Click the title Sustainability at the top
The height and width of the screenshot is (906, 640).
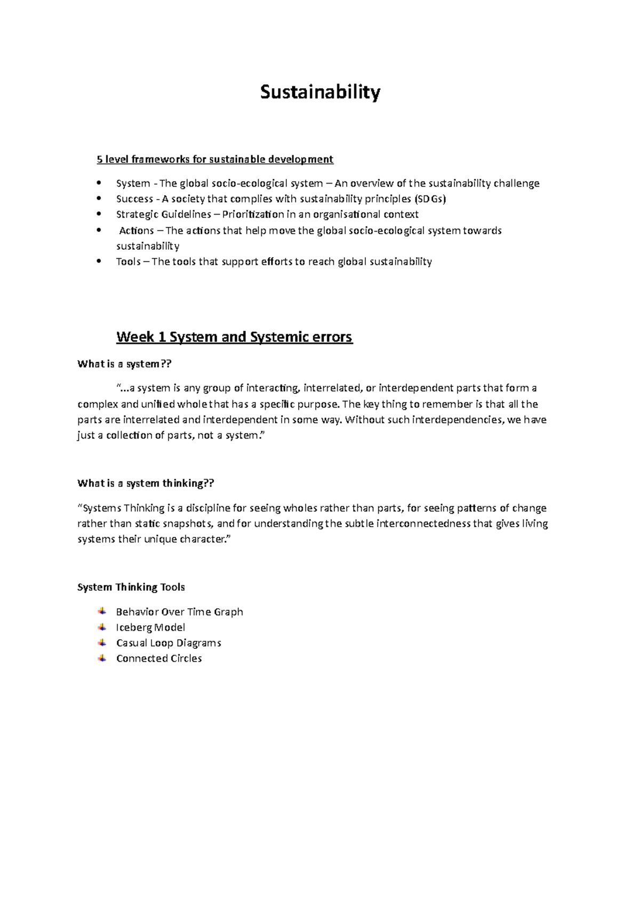[320, 92]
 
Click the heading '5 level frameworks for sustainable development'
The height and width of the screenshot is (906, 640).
[214, 159]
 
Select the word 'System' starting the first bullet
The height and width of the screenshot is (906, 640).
[133, 184]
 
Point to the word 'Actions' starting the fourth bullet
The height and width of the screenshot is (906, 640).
[137, 231]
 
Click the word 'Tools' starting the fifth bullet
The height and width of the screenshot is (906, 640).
[128, 261]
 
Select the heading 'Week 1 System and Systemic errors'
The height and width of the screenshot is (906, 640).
[234, 337]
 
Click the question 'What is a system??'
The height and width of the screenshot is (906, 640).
[125, 364]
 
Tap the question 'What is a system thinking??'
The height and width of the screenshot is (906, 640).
[146, 483]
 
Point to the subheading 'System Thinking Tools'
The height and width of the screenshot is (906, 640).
[131, 587]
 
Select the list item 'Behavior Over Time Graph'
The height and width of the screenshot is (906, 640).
[179, 611]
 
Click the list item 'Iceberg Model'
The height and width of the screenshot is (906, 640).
[150, 627]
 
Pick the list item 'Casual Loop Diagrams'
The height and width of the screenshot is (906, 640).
[169, 642]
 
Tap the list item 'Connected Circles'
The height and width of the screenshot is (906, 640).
[159, 658]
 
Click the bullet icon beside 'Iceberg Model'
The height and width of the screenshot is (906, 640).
[102, 627]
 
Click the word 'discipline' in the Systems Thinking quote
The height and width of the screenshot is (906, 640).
[207, 508]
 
